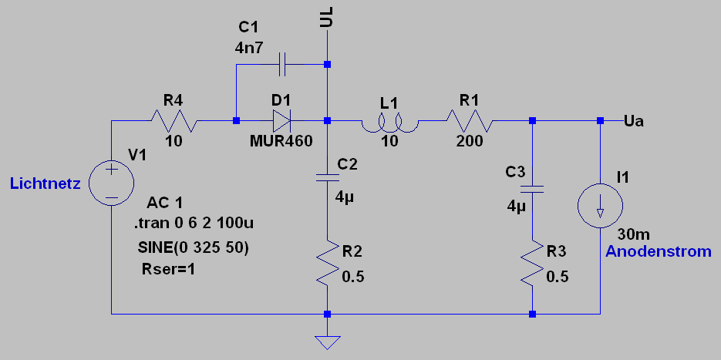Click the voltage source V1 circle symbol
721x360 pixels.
[111, 183]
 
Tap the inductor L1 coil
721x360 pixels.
[389, 122]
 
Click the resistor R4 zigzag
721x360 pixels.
[174, 121]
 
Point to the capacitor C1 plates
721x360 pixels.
[282, 64]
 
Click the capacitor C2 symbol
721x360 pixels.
[328, 179]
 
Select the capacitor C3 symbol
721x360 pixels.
[533, 189]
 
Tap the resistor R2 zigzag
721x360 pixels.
[328, 264]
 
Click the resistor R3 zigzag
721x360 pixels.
[533, 264]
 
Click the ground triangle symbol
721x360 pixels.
[328, 341]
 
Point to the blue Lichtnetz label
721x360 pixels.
[45, 183]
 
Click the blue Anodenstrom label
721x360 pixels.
[659, 252]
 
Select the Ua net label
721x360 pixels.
[634, 121]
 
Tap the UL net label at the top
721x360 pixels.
[328, 17]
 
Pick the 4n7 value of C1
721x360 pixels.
[249, 47]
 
